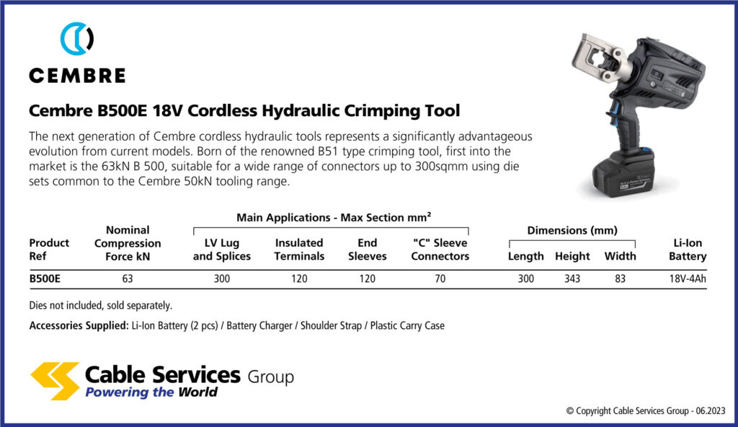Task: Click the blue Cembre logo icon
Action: coord(77,39)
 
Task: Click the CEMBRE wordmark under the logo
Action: coord(77,76)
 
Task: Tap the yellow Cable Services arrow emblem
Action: coord(55,380)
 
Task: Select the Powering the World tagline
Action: coord(151,392)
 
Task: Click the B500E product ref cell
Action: coord(44,278)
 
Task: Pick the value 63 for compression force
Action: coord(128,278)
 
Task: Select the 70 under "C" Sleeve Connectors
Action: coord(440,278)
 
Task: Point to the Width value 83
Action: coord(620,278)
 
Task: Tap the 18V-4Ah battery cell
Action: coord(686,278)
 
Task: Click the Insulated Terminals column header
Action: coord(299,250)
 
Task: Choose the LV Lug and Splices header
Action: coord(222,250)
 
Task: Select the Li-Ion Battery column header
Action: coord(687,250)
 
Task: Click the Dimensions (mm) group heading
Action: coord(572,231)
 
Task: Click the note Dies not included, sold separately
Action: coord(101,305)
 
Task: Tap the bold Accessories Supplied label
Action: coord(78,325)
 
